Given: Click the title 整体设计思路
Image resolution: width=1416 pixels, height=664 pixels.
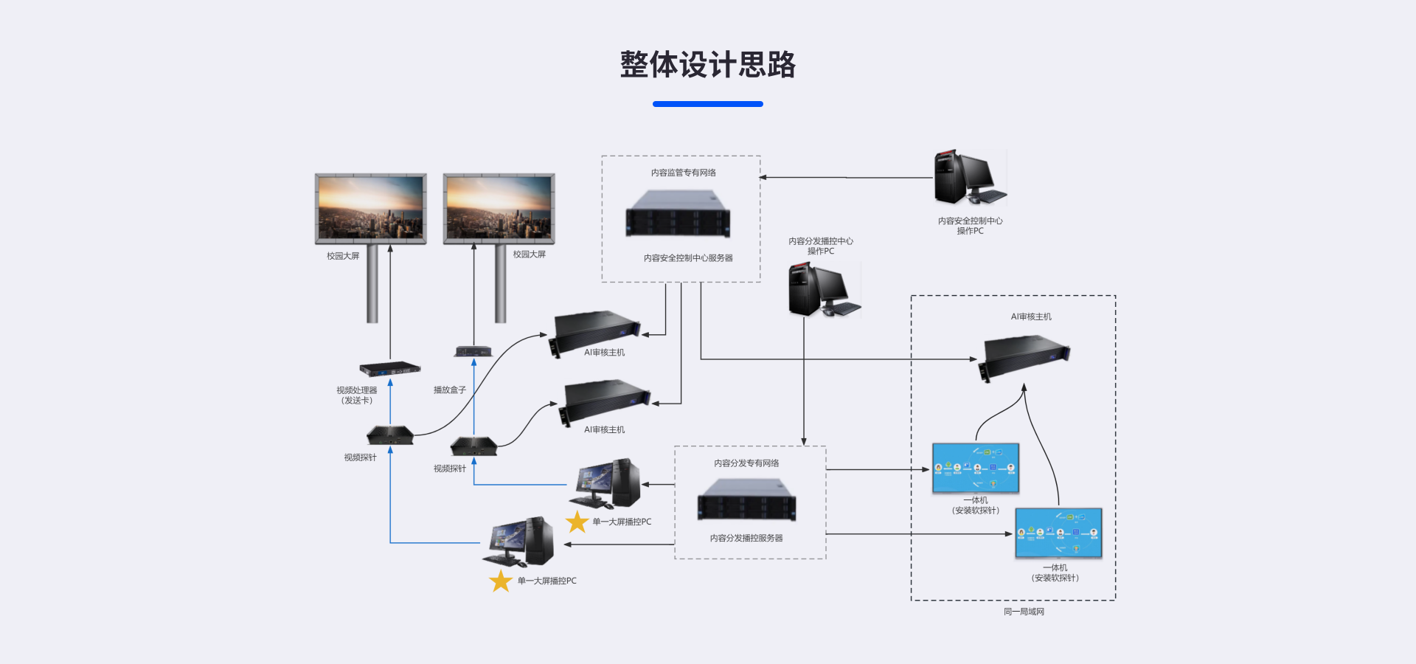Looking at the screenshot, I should [x=707, y=65].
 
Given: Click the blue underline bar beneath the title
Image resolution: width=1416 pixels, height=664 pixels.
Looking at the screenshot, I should [x=707, y=104].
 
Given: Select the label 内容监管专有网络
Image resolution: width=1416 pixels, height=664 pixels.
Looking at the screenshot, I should [x=683, y=173].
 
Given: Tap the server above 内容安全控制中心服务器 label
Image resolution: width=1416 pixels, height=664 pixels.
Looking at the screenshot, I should [x=678, y=214].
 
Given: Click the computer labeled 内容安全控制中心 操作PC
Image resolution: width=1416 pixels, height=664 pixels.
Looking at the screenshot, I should [x=968, y=178].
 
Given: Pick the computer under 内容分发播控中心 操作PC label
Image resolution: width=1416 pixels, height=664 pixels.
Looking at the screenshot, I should [x=823, y=289].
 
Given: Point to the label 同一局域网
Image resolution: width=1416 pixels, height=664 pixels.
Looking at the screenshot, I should [x=1024, y=612].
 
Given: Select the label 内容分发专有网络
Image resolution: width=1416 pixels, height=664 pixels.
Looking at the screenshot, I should [x=746, y=463].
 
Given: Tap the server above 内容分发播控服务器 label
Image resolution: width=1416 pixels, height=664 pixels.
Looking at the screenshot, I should [x=746, y=499].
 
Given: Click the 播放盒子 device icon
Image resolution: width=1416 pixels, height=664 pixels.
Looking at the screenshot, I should [x=473, y=351].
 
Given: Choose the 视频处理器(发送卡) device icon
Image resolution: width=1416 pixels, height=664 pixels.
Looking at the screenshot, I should [x=390, y=367].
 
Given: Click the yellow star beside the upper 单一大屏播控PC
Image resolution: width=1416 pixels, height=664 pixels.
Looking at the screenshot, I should [x=577, y=522].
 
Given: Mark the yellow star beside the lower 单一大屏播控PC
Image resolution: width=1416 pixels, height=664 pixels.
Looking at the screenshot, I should [x=501, y=581].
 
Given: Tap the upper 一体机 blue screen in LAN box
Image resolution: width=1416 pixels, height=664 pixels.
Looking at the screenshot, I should [x=975, y=468].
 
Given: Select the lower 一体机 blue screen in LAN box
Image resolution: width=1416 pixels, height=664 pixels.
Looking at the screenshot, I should [x=1058, y=533].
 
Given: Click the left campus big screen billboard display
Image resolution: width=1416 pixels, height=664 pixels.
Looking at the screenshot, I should [x=371, y=208].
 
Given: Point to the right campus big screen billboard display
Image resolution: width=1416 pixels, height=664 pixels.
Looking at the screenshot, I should [x=499, y=208].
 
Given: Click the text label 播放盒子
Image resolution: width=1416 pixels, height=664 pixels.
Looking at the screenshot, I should [x=449, y=390].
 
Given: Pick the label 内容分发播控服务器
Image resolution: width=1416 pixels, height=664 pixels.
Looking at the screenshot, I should [x=746, y=539].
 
